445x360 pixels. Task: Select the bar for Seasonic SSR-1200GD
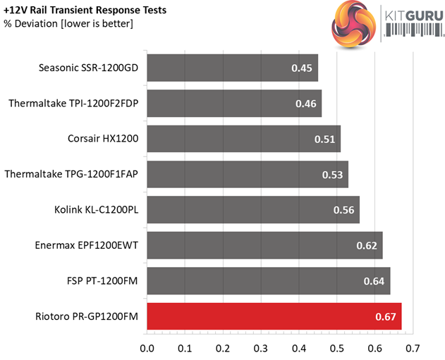click(232, 68)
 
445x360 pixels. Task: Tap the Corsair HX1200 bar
click(243, 139)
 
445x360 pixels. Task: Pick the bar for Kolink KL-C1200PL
click(253, 210)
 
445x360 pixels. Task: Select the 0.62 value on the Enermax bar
click(367, 246)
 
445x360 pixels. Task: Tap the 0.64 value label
click(375, 281)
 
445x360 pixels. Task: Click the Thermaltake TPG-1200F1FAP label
click(72, 175)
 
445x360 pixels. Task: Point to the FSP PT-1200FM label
click(97, 281)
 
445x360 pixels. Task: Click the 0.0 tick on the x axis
click(147, 347)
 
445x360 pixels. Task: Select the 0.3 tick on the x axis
click(261, 347)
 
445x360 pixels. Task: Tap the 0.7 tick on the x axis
click(413, 347)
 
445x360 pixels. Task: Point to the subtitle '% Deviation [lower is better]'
click(68, 24)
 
